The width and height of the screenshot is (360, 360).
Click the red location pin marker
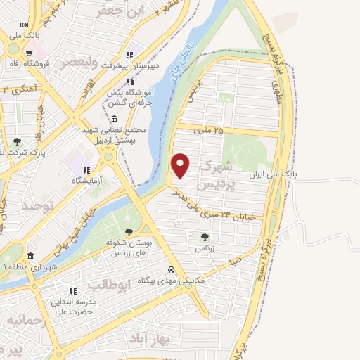point(181,165)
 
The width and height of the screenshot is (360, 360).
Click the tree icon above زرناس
point(205,237)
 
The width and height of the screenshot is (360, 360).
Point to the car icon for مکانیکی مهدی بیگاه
point(171,269)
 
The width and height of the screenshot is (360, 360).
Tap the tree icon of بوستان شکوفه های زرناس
point(128,232)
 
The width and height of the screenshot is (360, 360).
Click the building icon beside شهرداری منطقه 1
point(30,256)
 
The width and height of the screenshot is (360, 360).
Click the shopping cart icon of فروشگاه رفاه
point(28,53)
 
